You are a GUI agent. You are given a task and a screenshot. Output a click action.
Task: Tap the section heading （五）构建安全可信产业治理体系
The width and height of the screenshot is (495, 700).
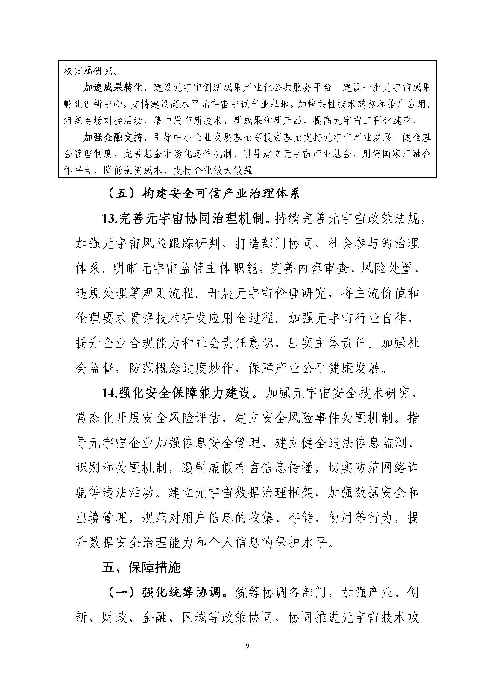point(204,194)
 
